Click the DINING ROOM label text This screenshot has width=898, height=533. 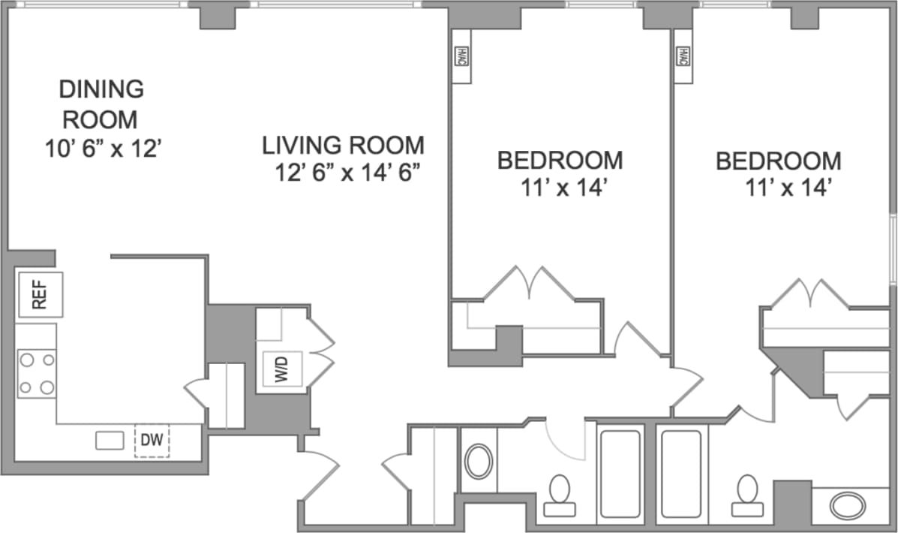coord(101,104)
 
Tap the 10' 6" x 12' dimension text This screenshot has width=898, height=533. coord(103,148)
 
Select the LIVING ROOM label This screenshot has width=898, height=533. coord(343,145)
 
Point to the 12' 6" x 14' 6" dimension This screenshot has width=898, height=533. coord(346,173)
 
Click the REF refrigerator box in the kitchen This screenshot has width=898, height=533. coord(40,295)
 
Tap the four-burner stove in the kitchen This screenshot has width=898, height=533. coord(37,373)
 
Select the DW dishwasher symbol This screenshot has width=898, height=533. coord(152,441)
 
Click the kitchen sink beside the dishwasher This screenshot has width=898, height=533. coord(109,441)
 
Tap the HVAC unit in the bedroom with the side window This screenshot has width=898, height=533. coord(683,55)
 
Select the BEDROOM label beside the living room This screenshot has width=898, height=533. coord(560,160)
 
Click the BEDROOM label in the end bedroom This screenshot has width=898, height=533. coord(778,161)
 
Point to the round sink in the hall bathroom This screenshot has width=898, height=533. coord(478,461)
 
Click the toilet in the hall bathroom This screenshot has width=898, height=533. coord(559,496)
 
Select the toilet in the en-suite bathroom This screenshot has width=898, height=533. coord(747,496)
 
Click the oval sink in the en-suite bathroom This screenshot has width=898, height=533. coord(848,505)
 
